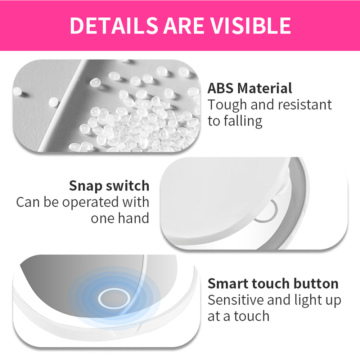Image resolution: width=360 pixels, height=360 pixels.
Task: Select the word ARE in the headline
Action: pos(184,25)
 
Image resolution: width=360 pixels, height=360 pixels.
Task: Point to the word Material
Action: pos(265,88)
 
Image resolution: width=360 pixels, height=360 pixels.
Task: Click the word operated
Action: pos(90,202)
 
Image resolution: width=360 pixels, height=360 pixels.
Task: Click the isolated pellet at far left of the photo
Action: pos(18,91)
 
